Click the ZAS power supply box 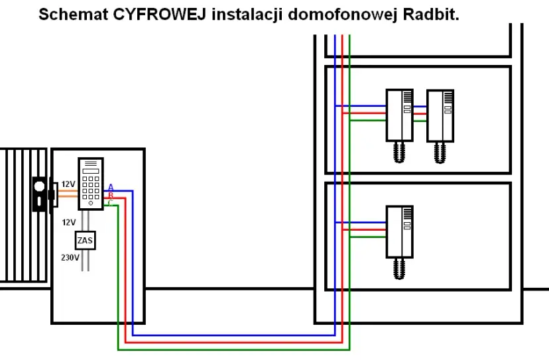coord(85,240)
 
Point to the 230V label coord(70,257)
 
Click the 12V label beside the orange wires coord(68,184)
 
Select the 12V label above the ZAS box coord(69,222)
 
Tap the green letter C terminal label coord(110,202)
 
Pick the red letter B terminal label coord(110,195)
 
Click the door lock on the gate coord(40,194)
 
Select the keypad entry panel coord(90,184)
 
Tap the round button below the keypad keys coord(90,202)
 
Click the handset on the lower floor coord(400,231)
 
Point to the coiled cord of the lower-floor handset coord(400,269)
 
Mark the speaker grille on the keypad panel coord(90,162)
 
